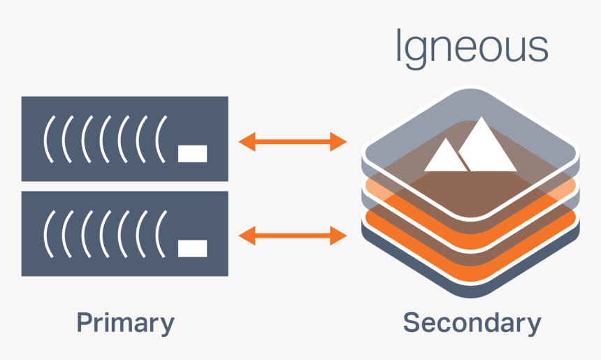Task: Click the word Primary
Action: [x=125, y=323]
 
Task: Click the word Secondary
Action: [x=472, y=323]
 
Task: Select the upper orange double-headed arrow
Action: [x=293, y=143]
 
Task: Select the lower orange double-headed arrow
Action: [x=293, y=236]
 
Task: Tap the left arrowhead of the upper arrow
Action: [x=246, y=143]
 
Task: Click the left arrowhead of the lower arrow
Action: [x=246, y=236]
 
